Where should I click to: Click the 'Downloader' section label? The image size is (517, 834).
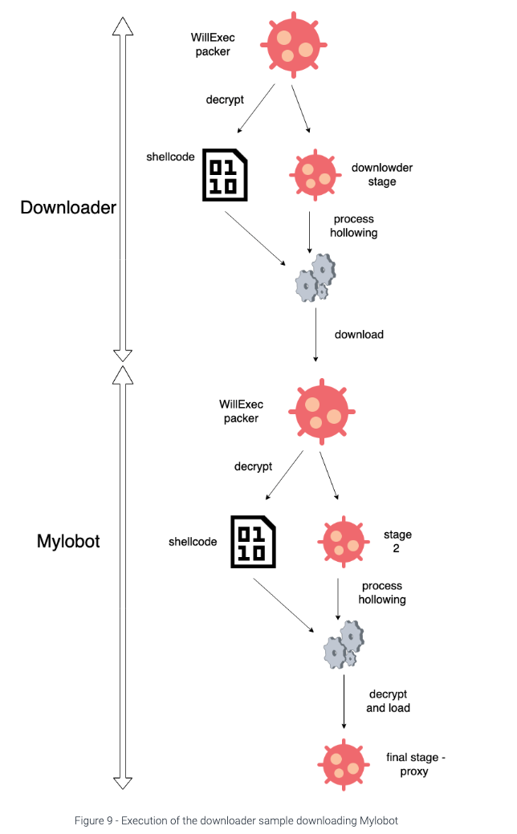68,207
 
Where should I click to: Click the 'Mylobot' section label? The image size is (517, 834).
68,540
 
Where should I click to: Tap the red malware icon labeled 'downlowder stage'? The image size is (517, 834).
312,173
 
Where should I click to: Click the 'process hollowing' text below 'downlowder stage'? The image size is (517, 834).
353,226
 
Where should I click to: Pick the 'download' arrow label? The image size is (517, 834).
359,334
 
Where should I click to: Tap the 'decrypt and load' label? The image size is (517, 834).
388,701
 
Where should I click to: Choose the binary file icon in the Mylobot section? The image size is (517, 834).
253,540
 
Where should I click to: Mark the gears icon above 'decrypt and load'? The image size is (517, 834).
344,643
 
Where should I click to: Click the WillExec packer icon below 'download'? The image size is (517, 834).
320,409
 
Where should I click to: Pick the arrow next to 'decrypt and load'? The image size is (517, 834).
344,701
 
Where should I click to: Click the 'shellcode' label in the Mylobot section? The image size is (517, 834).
193,542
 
